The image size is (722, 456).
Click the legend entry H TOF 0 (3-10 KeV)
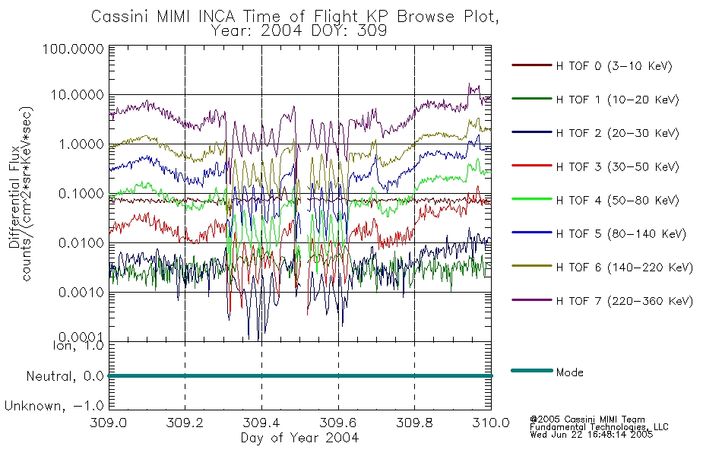[614, 66]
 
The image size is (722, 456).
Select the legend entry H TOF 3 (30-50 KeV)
[617, 166]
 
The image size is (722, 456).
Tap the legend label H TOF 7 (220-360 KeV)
[624, 301]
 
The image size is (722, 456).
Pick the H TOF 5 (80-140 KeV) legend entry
[621, 234]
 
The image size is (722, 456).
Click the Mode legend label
[569, 372]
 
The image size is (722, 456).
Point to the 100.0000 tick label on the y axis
[73, 49]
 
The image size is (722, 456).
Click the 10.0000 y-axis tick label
[78, 95]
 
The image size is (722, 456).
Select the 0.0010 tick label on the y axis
[81, 293]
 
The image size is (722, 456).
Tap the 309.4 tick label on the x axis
[261, 423]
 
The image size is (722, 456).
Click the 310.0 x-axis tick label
[491, 423]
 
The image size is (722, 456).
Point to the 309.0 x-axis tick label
[109, 423]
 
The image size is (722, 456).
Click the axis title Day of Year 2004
[299, 438]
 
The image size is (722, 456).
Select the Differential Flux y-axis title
[14, 197]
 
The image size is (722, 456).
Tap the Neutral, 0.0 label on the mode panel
[65, 376]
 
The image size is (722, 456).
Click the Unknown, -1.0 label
[54, 406]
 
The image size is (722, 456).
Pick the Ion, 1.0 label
[78, 345]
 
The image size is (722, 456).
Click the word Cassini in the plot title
[121, 17]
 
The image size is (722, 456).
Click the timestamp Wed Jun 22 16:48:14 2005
[591, 435]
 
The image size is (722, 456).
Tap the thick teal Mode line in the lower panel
[300, 376]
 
